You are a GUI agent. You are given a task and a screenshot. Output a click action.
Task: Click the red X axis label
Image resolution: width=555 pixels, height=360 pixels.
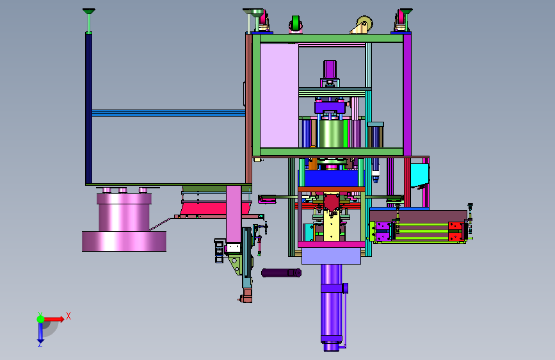pyautogui.click(x=68, y=316)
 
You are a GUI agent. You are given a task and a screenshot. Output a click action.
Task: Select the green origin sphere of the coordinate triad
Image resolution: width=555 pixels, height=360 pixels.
pyautogui.click(x=41, y=319)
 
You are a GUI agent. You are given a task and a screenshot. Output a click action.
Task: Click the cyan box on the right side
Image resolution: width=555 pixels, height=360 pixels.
pyautogui.click(x=420, y=175)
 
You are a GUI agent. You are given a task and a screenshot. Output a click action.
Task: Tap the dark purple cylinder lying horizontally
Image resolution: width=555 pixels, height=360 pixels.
pyautogui.click(x=282, y=273)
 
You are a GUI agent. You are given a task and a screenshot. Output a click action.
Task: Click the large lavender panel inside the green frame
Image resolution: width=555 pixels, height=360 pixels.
pyautogui.click(x=279, y=95)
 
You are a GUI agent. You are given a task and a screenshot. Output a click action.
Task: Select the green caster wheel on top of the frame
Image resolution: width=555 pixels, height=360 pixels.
pyautogui.click(x=295, y=24)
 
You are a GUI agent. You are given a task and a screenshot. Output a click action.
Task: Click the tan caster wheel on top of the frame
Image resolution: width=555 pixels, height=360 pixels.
pyautogui.click(x=364, y=24)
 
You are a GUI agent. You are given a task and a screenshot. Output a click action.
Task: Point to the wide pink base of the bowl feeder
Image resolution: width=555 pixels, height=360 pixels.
pyautogui.click(x=124, y=241)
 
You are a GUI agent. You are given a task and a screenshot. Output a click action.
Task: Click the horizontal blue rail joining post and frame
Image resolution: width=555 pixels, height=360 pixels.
pyautogui.click(x=168, y=113)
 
